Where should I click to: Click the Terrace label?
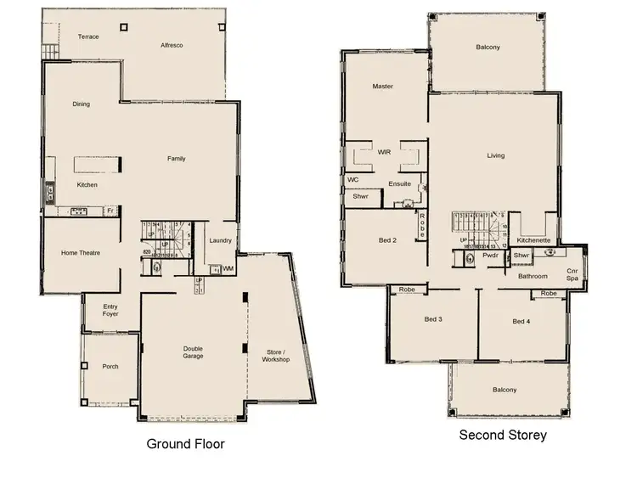(x=88, y=37)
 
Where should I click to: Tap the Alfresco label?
(x=172, y=45)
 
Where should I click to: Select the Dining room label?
(x=82, y=104)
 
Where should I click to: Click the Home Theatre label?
(x=81, y=253)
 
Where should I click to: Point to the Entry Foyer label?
(x=111, y=311)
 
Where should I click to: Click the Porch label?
(x=110, y=367)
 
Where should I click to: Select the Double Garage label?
(x=194, y=353)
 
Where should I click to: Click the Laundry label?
(x=221, y=241)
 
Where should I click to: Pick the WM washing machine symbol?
(x=228, y=268)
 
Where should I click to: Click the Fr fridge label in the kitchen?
(x=110, y=210)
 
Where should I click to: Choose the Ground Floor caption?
(x=185, y=444)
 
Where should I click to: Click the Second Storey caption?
(x=503, y=436)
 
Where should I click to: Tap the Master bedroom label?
(x=382, y=87)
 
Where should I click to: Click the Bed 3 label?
(x=433, y=320)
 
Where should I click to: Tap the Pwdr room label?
(x=490, y=255)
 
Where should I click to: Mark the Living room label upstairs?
(x=495, y=155)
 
